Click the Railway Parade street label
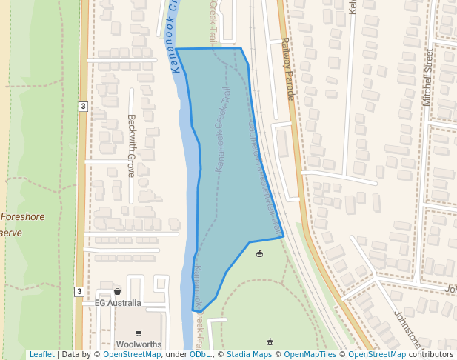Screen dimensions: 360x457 [x=288, y=70]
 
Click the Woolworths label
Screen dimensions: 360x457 [x=139, y=344]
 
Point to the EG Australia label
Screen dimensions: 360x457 [x=118, y=303]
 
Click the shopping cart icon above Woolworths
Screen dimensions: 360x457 [x=139, y=333]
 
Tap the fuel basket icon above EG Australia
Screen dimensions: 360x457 [x=117, y=292]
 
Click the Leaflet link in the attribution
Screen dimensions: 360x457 [x=41, y=354]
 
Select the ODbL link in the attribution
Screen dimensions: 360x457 [x=200, y=354]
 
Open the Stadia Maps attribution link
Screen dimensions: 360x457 [x=249, y=354]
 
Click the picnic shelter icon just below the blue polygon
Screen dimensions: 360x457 [x=259, y=255]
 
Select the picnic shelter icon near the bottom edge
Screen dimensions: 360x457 [x=270, y=341]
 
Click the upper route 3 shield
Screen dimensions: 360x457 [x=83, y=107]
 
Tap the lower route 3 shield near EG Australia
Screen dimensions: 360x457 [x=79, y=291]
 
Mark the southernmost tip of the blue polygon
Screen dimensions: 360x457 [x=193, y=310]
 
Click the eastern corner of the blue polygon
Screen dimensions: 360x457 [x=284, y=237]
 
